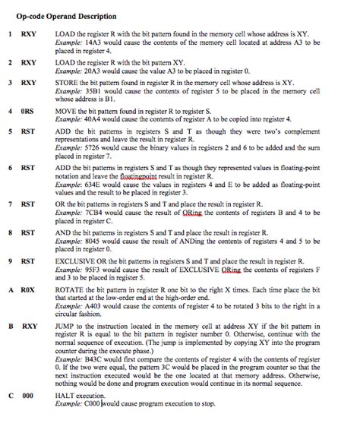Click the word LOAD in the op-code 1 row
[x=65, y=33]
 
